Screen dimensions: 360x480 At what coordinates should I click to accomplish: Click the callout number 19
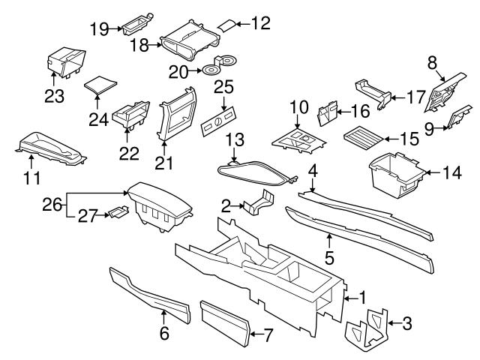coord(99,28)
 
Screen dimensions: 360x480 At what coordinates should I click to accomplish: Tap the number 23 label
coord(53,96)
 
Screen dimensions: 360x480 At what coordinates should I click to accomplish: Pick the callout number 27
coord(89,215)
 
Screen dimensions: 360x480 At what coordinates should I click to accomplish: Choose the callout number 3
coord(407,324)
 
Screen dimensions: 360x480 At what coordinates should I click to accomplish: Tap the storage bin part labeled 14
coord(395,178)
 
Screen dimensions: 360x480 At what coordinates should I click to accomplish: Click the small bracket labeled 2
coord(259,202)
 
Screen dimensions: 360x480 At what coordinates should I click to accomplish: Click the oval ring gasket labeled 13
coord(255,172)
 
